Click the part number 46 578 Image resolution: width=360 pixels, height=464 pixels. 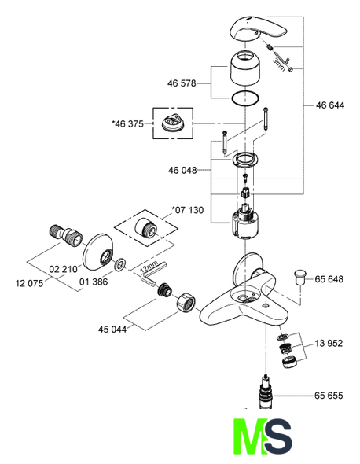[182, 83]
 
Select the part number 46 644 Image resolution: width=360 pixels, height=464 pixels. [330, 105]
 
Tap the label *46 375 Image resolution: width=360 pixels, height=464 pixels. [127, 123]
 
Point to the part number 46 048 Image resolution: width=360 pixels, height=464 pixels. [182, 170]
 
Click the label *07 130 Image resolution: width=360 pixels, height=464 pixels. [188, 210]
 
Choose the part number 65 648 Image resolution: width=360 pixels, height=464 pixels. [329, 279]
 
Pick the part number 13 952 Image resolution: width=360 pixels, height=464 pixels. [329, 343]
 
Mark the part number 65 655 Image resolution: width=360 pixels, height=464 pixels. [329, 396]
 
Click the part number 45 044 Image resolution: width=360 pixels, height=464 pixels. [112, 329]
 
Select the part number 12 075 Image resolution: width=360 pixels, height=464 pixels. [29, 283]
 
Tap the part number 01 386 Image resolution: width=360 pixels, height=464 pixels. [94, 282]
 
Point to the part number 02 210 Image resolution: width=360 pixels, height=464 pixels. [63, 269]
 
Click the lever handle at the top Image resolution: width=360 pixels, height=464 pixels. [259, 29]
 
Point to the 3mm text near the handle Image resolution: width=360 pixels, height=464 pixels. [279, 64]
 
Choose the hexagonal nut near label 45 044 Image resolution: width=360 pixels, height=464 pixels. [186, 302]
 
